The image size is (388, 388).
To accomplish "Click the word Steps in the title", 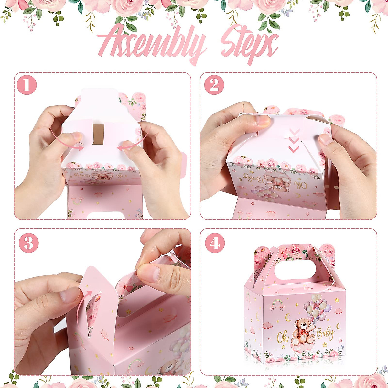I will (249, 45).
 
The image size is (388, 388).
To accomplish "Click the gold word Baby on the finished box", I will (325, 334).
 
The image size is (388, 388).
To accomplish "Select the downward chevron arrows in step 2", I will (294, 140).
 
